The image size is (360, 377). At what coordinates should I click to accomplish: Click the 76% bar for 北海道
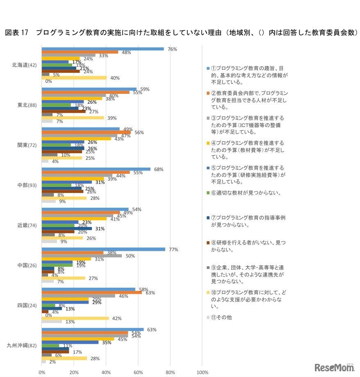[x=103, y=49]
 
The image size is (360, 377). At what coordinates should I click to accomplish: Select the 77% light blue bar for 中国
[x=103, y=249]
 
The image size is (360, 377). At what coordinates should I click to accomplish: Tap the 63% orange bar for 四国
[x=92, y=293]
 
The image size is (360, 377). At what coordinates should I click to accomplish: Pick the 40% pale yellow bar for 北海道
[x=74, y=77]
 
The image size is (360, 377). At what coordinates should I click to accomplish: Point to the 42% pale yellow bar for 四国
[x=75, y=318]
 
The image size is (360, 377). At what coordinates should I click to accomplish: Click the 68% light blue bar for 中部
[x=96, y=169]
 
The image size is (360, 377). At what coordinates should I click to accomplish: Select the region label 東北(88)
[x=28, y=105]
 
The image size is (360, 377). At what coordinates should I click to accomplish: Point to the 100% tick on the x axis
[x=203, y=372]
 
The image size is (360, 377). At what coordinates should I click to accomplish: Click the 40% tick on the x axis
[x=106, y=372]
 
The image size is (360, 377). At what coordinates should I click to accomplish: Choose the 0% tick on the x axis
[x=42, y=372]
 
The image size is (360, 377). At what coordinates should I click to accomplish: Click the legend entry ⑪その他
[x=221, y=317]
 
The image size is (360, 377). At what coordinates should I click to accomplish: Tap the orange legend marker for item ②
[x=208, y=93]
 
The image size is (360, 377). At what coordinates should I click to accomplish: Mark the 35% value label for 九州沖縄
[x=107, y=342]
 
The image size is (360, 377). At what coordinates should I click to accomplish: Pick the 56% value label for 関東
[x=139, y=132]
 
